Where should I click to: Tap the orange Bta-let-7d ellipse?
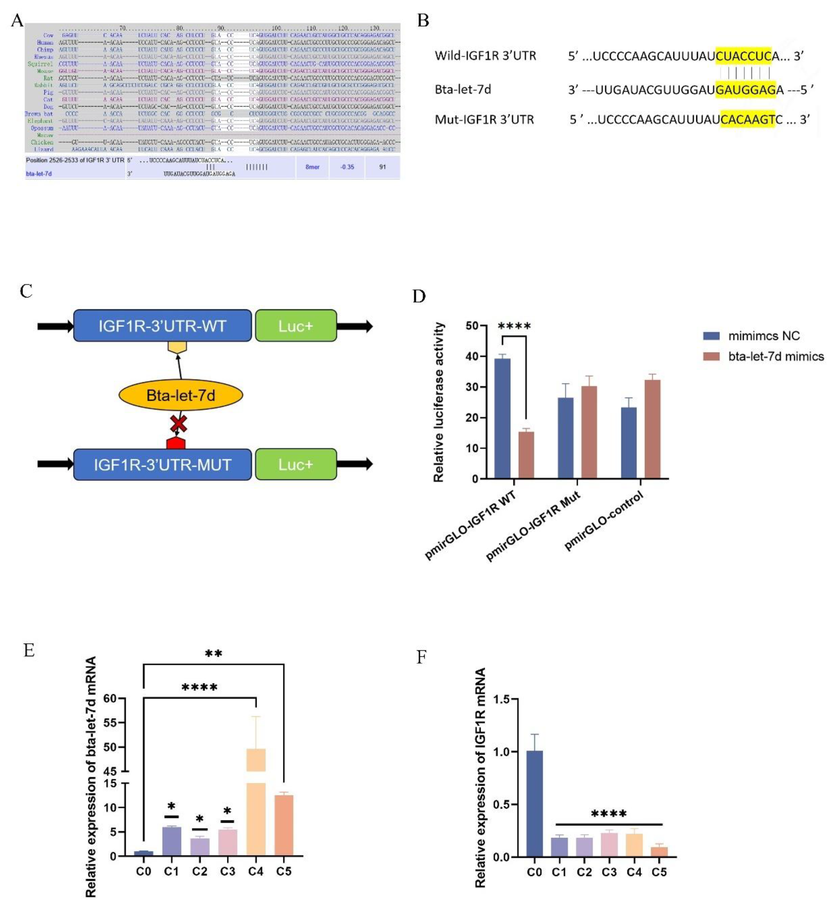click(x=181, y=395)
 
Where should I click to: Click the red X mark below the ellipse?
click(x=178, y=424)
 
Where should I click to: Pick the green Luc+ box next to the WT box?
click(x=296, y=326)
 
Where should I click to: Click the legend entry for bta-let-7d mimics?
click(x=775, y=357)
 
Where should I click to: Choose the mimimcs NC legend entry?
click(x=763, y=336)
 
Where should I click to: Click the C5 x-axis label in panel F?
click(x=659, y=872)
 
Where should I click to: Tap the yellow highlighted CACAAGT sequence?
click(x=747, y=119)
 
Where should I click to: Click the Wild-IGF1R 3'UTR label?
click(x=485, y=56)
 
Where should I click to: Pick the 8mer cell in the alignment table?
click(x=312, y=167)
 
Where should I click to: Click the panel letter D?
click(x=419, y=296)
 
